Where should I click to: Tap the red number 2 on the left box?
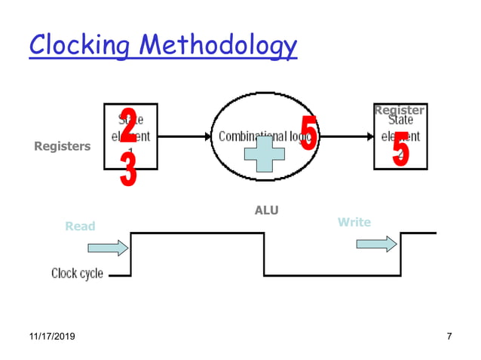(128, 125)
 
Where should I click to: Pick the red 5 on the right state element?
(400, 149)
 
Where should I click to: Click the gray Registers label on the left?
(62, 147)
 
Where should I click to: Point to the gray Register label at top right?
(399, 111)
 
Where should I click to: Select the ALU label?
(266, 210)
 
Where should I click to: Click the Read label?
(80, 226)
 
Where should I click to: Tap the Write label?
(354, 222)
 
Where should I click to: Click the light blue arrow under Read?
(108, 248)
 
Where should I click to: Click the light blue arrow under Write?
(375, 244)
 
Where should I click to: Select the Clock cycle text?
(77, 273)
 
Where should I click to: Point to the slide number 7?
(449, 336)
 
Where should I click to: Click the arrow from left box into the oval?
(185, 137)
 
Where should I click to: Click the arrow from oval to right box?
(348, 137)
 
